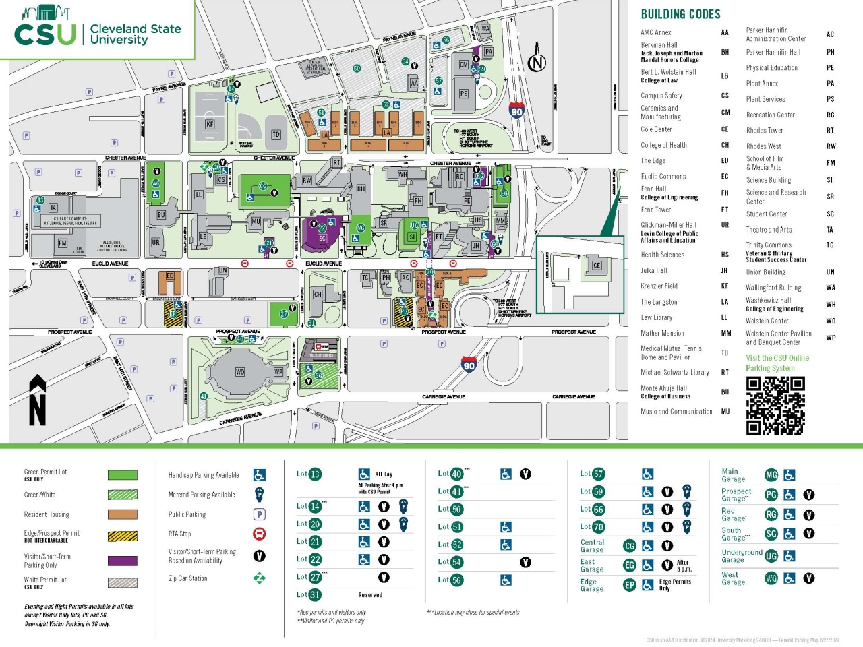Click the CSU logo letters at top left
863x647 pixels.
pyautogui.click(x=44, y=34)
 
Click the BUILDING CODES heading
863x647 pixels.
pyautogui.click(x=680, y=14)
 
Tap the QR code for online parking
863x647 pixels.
pyautogui.click(x=775, y=405)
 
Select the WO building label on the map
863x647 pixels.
pyautogui.click(x=240, y=372)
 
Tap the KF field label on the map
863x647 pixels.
pyautogui.click(x=210, y=124)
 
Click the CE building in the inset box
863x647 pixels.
pyautogui.click(x=596, y=265)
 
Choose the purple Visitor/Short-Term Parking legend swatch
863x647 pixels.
pyautogui.click(x=122, y=561)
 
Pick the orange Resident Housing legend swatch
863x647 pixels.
pyautogui.click(x=122, y=515)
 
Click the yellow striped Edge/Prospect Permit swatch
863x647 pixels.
pyautogui.click(x=122, y=536)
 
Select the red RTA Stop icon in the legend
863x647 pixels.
pyautogui.click(x=259, y=534)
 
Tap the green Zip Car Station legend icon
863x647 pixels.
pyautogui.click(x=259, y=578)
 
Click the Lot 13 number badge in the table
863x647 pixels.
pyautogui.click(x=315, y=474)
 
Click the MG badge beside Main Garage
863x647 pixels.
pyautogui.click(x=771, y=475)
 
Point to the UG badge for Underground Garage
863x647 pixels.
pyautogui.click(x=771, y=556)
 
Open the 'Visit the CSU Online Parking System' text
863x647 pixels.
pyautogui.click(x=777, y=363)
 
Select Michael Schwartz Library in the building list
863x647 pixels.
pyautogui.click(x=674, y=372)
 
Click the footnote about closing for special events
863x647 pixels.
pyautogui.click(x=473, y=612)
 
